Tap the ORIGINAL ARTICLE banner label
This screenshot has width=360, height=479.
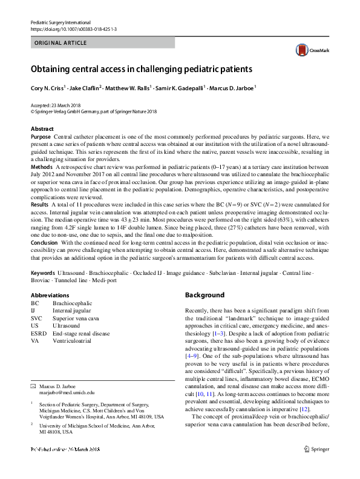tap(61, 43)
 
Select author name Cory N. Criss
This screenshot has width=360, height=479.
tap(49, 88)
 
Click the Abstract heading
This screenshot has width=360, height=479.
tap(42, 129)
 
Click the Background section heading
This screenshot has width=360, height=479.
tap(205, 295)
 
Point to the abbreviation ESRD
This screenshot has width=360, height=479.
tap(39, 333)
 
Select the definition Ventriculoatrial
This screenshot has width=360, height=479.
tap(76, 341)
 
